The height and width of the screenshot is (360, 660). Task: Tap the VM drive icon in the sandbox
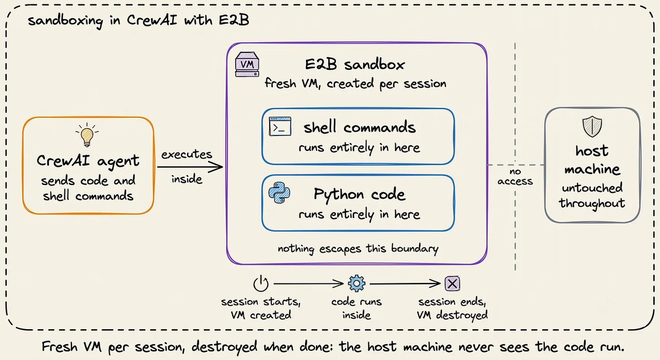click(247, 64)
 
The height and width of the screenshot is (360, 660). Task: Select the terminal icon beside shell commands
click(280, 126)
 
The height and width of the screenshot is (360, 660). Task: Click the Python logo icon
click(280, 193)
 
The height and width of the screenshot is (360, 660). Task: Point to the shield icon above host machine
click(592, 127)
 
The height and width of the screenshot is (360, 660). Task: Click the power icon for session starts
click(260, 283)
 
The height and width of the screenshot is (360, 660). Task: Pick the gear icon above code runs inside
click(357, 283)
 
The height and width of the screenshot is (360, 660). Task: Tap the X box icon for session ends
click(452, 283)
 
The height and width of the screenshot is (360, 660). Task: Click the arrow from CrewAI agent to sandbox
click(190, 167)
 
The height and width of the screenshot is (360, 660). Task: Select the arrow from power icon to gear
click(309, 283)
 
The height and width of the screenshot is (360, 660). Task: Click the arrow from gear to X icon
click(405, 283)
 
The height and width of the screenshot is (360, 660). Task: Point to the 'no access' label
click(515, 176)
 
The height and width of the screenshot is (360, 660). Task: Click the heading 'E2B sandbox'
click(354, 64)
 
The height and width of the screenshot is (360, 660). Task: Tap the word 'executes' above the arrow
click(187, 154)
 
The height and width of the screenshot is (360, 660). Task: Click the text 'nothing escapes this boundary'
click(358, 248)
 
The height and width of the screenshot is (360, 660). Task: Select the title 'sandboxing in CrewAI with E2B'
click(138, 20)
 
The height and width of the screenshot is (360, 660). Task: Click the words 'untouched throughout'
click(592, 196)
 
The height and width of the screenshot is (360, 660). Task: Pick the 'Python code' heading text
click(359, 194)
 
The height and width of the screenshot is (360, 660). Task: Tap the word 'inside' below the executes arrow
click(187, 179)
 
